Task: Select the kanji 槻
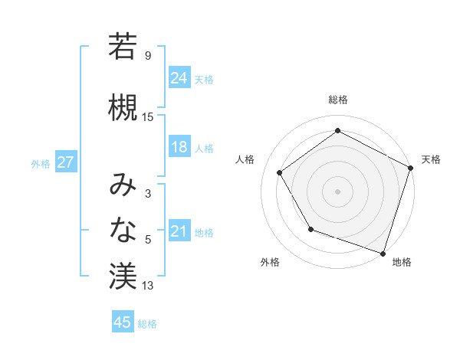pos(123,107)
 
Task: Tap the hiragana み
pos(123,185)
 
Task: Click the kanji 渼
pos(123,276)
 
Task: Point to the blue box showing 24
pos(179,77)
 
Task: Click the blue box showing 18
pos(179,147)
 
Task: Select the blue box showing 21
pos(179,231)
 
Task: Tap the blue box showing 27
pos(65,162)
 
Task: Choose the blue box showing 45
pos(123,322)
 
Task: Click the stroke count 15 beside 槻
pos(148,116)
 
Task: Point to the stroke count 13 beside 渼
pos(148,286)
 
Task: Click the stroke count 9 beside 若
pos(147,56)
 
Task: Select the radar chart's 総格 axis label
pos(337,100)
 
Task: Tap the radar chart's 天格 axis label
pos(431,159)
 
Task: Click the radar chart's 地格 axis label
pos(402,262)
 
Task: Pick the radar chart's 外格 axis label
pos(270,262)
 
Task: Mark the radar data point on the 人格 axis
pos(280,172)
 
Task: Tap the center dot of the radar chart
pos(337,191)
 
